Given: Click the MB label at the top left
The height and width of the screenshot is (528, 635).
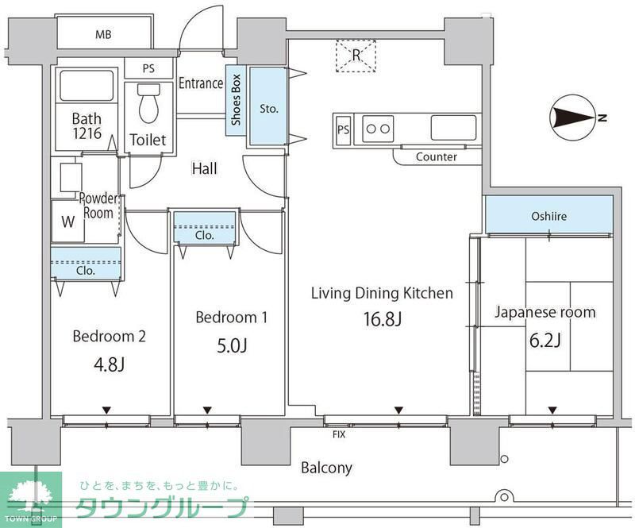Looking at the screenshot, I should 103,34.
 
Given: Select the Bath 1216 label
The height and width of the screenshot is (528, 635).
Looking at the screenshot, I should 86,125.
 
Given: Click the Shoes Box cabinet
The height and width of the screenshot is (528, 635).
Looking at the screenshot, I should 236,102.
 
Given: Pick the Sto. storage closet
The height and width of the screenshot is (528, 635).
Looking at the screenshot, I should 268,107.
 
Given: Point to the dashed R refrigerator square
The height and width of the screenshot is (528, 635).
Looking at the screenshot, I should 356,55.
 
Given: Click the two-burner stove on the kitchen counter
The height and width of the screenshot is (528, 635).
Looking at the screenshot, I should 378,128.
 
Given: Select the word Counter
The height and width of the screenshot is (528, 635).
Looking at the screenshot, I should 436,157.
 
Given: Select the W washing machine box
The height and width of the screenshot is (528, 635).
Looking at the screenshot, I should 67,222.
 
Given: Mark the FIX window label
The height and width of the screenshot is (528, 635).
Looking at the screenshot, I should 339,434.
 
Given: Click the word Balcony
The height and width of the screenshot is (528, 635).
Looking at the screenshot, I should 326,468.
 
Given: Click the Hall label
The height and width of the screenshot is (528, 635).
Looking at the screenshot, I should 204,168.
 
